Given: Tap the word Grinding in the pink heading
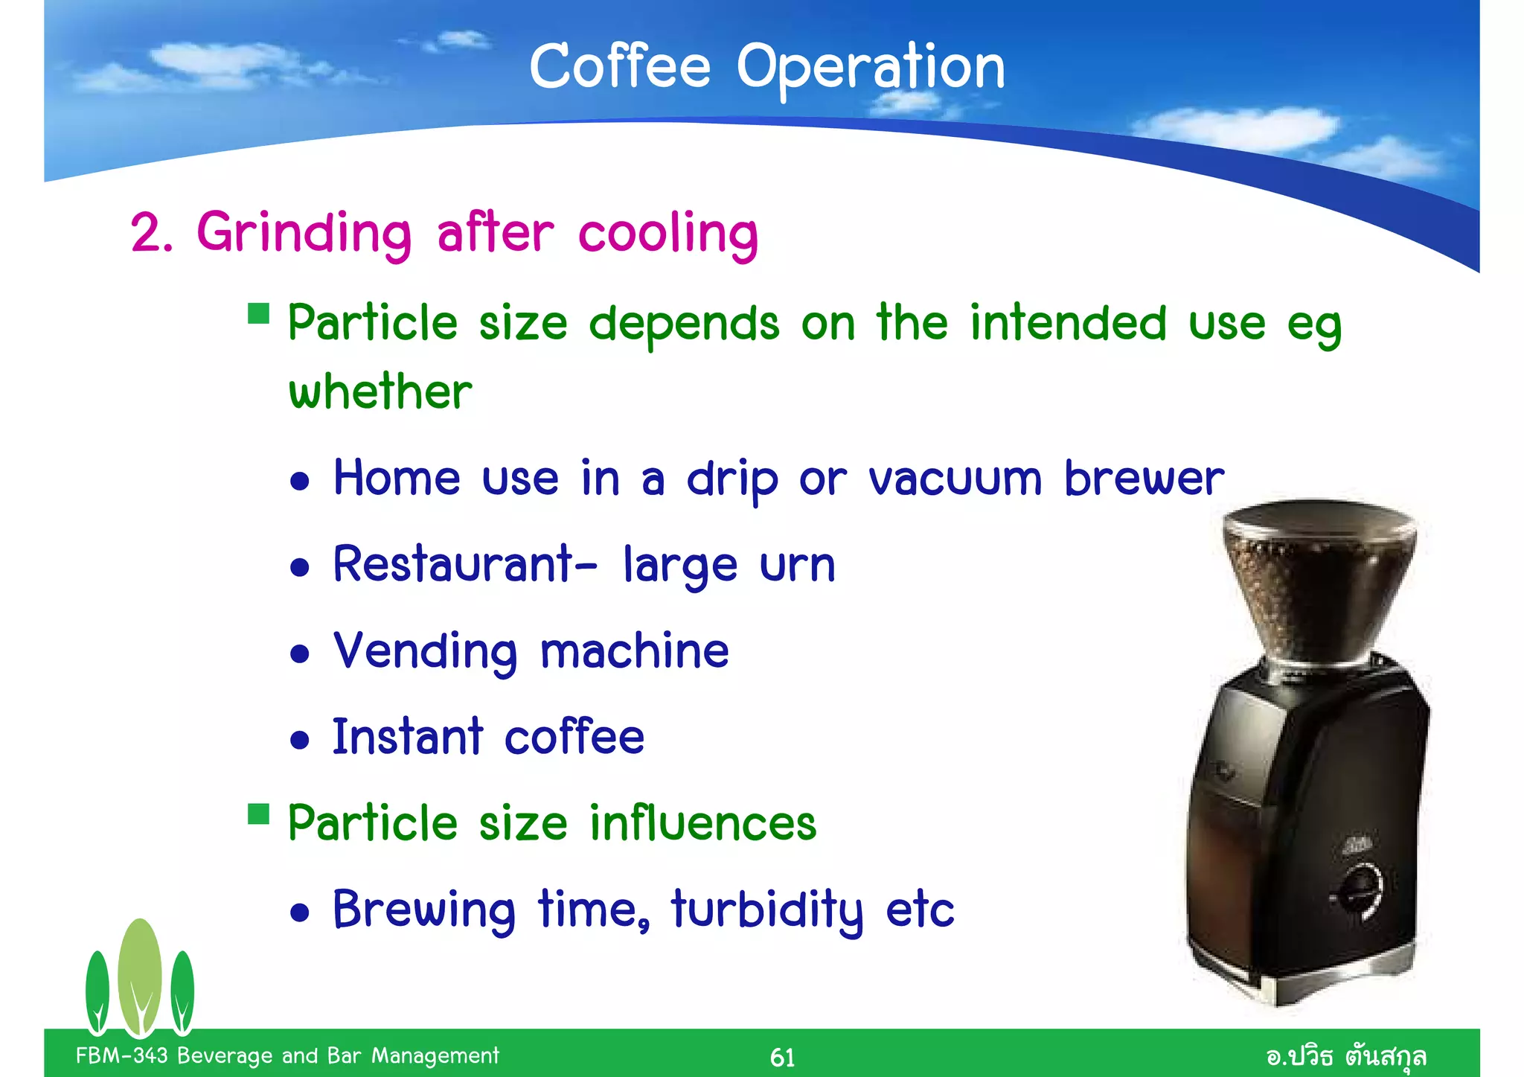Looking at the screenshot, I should [x=304, y=233].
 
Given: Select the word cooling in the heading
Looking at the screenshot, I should [x=667, y=233].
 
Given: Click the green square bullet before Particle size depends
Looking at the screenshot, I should [x=258, y=313].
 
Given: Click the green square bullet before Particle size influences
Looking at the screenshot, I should [x=258, y=814].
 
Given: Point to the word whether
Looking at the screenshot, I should [x=380, y=392].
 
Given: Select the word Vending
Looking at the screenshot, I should [x=425, y=651].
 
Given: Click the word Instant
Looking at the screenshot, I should [x=408, y=737].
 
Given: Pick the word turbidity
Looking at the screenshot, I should [x=767, y=910].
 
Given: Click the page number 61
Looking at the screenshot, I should [x=782, y=1057].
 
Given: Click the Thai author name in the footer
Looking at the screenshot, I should [x=1345, y=1056].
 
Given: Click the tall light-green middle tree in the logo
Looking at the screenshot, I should [x=139, y=975].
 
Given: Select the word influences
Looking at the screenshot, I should [x=702, y=823].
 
